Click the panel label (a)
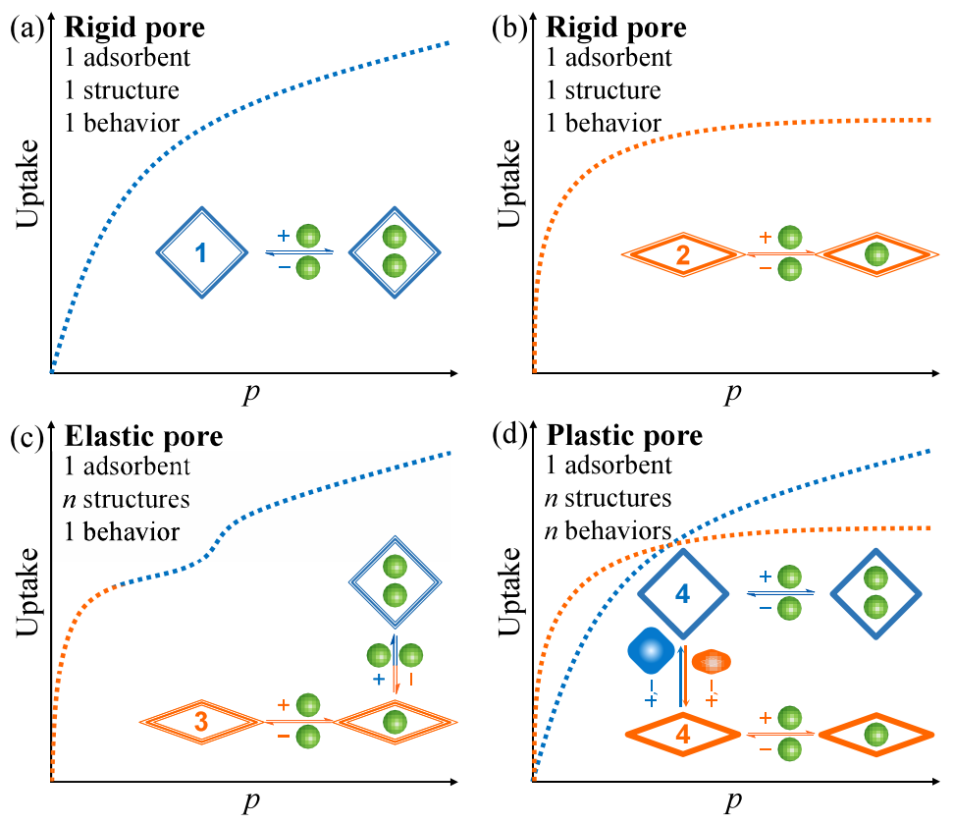tap(27, 27)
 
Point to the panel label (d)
tap(509, 435)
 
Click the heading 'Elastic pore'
tap(144, 436)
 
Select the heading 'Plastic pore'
tap(624, 435)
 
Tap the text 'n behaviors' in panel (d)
tap(608, 531)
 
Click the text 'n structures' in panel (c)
tap(127, 500)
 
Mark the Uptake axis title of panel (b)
tap(509, 184)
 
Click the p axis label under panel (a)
tap(251, 394)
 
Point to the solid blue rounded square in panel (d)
tap(651, 651)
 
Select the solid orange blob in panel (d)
tap(712, 662)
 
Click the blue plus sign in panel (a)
tap(284, 236)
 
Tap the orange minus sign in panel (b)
tap(766, 268)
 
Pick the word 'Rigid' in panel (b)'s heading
tap(582, 27)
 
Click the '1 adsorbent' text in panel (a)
tap(128, 58)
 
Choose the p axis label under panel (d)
tap(733, 801)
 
